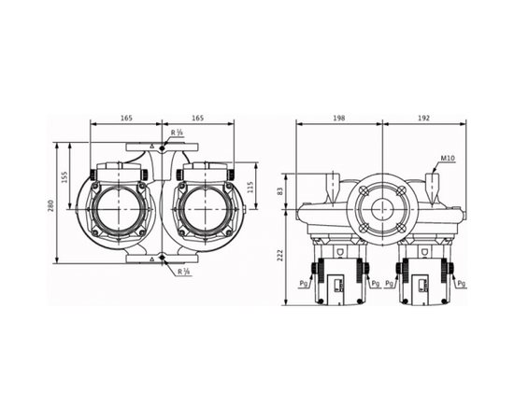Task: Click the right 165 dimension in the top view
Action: [x=197, y=119]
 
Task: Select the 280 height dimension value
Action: [x=51, y=204]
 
